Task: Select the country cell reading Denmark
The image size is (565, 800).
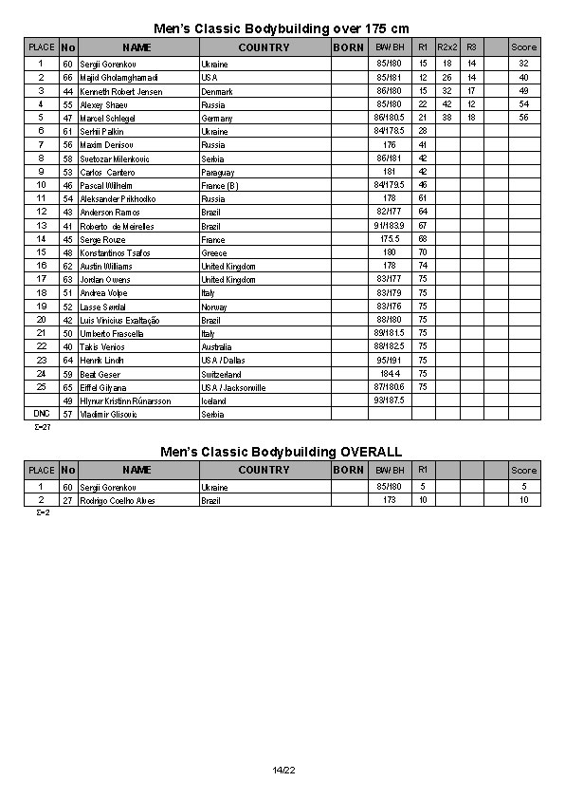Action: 217,92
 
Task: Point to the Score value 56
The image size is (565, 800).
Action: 523,119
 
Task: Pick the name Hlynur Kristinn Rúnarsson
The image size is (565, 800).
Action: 125,401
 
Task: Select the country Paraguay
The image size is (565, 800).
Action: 219,173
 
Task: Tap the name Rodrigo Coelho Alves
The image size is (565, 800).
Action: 118,500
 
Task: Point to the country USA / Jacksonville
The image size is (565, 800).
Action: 233,388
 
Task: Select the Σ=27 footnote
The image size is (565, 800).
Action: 42,427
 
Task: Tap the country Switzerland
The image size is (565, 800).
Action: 222,375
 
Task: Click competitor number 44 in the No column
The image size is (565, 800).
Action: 68,92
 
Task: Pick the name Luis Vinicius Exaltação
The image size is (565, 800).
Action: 119,321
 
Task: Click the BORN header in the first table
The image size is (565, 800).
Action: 349,47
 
